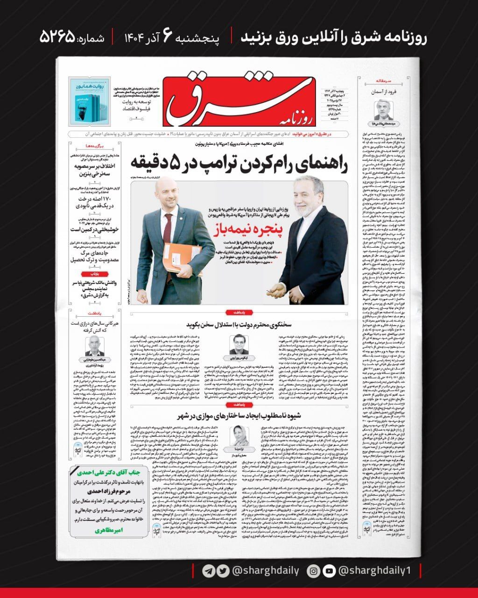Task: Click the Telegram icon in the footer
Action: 209,571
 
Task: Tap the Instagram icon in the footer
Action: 314,571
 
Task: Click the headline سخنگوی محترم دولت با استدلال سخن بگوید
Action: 238,323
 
